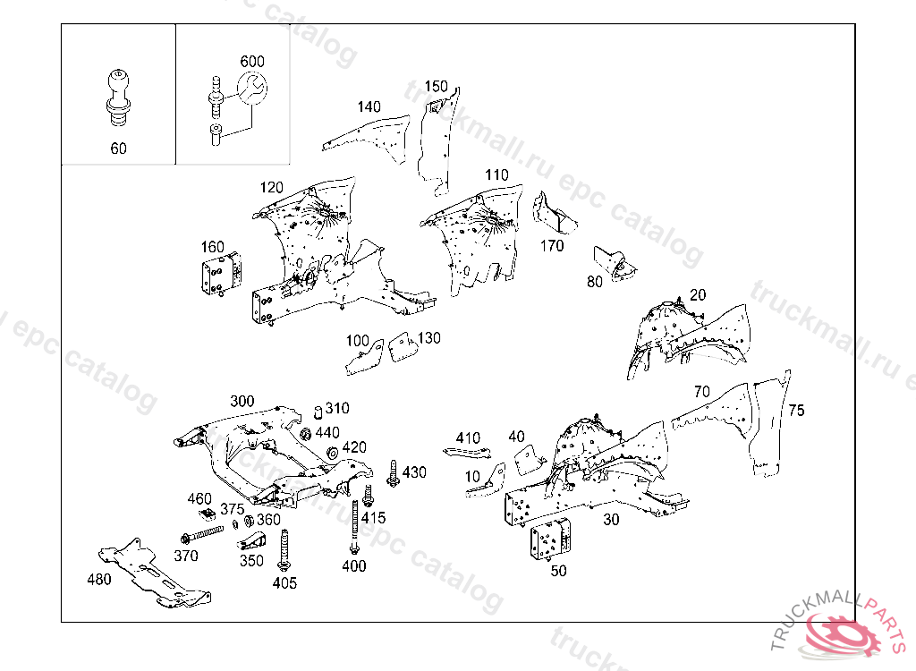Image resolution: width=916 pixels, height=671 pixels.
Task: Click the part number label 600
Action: (252, 62)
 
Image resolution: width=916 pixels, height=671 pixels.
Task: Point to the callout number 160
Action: (212, 247)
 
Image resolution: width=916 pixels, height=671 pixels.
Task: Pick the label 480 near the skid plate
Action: (99, 579)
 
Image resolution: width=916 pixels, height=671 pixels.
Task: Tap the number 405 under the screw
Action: (284, 583)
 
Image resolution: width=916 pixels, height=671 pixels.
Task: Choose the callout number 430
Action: (414, 472)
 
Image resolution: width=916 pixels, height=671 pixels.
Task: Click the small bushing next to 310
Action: (316, 412)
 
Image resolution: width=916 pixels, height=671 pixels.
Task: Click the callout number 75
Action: (796, 411)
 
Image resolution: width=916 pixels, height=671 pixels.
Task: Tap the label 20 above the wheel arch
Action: (698, 295)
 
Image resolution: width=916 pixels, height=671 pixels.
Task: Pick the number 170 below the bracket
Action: (552, 245)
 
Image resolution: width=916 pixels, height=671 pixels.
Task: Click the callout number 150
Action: (436, 87)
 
